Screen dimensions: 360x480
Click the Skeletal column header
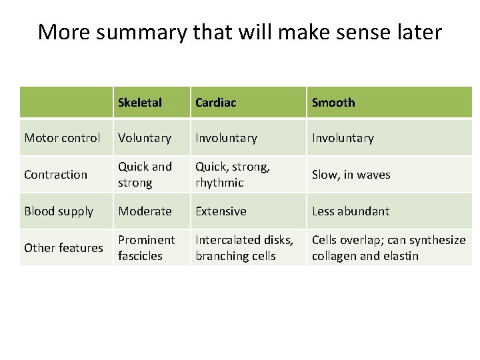point(140,103)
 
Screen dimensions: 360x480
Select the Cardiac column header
point(215,103)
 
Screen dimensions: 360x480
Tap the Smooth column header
point(333,103)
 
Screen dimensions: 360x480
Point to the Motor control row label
point(62,138)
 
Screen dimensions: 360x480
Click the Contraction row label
point(55,175)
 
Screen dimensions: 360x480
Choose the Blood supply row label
point(59,211)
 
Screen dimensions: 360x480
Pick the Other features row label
point(63,248)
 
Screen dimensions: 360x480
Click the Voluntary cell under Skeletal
point(145,138)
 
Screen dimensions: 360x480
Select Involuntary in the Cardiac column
point(226,138)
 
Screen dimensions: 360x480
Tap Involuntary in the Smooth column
point(343,138)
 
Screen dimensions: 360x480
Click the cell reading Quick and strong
point(145,175)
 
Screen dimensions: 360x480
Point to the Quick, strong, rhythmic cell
point(232,175)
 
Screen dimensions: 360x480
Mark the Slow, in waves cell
point(351,175)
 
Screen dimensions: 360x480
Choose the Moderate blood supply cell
point(145,211)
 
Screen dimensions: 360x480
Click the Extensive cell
point(221,211)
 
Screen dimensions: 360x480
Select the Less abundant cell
point(351,211)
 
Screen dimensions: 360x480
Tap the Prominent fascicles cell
point(146,248)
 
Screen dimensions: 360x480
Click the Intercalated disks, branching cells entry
point(244,248)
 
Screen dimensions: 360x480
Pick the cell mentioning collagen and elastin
point(389,248)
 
